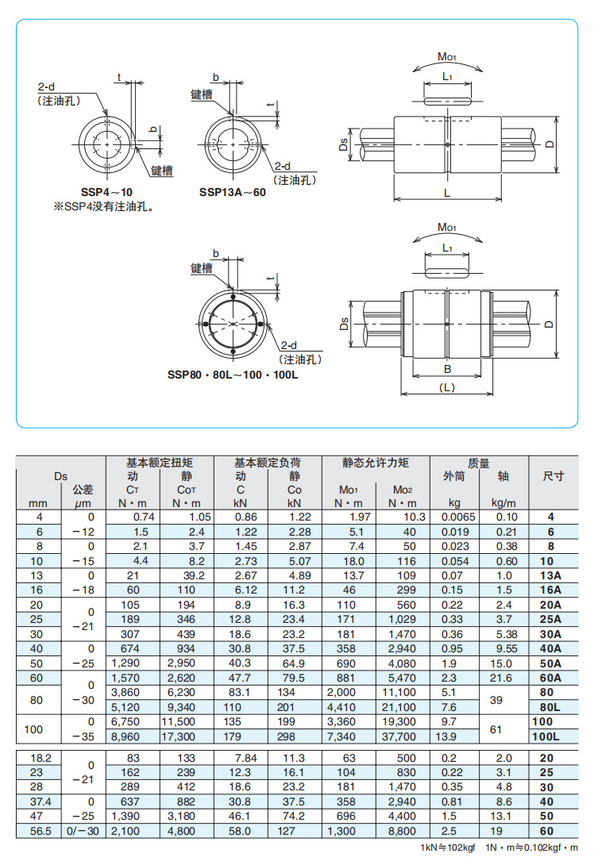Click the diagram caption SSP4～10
(x=106, y=192)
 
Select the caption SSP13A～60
(x=233, y=192)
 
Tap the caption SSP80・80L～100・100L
(x=233, y=374)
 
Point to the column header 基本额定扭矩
(x=159, y=463)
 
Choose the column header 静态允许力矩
(x=375, y=463)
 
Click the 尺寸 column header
(x=553, y=476)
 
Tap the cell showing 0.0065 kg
(x=457, y=517)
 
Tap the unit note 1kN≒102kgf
(x=447, y=848)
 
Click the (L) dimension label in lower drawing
(x=446, y=387)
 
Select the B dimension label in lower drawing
(x=446, y=368)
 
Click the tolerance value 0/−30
(x=83, y=832)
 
